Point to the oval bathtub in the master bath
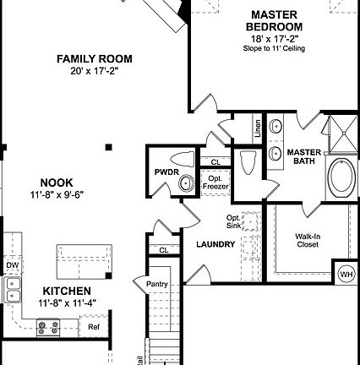point(341,177)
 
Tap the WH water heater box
point(346,274)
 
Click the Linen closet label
point(258,129)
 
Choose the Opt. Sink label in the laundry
point(234,221)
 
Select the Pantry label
point(157,284)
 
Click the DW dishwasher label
point(12,264)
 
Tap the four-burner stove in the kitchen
point(47,325)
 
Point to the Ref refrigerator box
point(94,326)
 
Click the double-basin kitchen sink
point(12,290)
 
